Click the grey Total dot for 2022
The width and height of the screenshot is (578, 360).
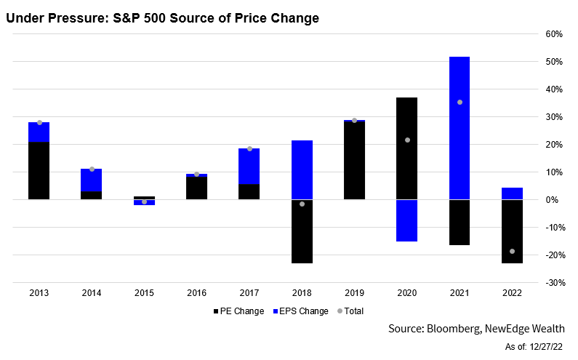[512, 251]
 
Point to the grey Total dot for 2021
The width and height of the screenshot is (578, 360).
[459, 102]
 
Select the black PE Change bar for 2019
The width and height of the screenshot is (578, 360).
[354, 161]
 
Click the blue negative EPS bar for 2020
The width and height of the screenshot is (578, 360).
[406, 220]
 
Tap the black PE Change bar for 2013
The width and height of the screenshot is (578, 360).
[39, 171]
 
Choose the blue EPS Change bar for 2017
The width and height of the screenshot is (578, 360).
[249, 167]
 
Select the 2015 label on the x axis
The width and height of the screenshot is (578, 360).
[144, 293]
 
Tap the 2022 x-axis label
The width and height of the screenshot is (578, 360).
[512, 293]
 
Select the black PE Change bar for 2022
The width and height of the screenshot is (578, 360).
[512, 231]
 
